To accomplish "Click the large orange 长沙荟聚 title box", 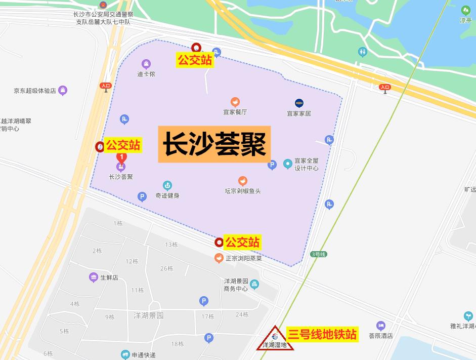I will tap(214, 144).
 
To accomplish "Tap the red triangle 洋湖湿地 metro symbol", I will tap(275, 338).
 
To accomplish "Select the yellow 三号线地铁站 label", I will tap(322, 334).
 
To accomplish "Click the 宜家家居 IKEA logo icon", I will tap(299, 103).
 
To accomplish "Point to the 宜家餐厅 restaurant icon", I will tap(235, 102).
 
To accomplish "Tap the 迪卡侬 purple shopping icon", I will tap(146, 64).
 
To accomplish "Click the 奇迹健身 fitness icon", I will tap(167, 186).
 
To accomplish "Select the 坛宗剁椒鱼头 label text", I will tap(243, 191).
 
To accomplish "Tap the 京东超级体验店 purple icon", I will tap(63, 91).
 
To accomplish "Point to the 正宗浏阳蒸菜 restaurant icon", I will tap(219, 258).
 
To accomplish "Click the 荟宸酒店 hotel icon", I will tap(380, 326).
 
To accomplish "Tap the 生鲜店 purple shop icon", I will tap(93, 277).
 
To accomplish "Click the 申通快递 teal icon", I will tap(125, 354).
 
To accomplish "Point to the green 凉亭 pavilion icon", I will tap(465, 10).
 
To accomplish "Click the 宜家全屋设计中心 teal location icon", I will tap(288, 164).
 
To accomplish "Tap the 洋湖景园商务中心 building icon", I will tap(254, 285).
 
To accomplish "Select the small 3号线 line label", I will tap(319, 254).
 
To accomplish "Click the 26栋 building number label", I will tap(166, 268).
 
